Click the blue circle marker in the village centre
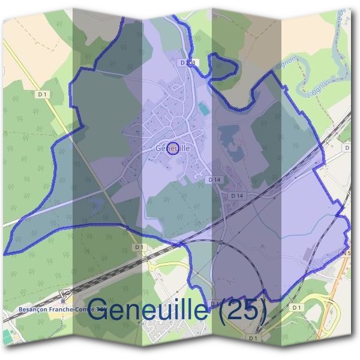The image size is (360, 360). [x=173, y=148]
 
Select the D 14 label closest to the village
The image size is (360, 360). [x=216, y=180]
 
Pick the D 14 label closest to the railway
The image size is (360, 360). [x=238, y=196]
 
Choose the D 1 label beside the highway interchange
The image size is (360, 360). [x=296, y=307]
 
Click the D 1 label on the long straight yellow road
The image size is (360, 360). [x=42, y=94]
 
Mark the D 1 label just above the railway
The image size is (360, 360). [x=139, y=247]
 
